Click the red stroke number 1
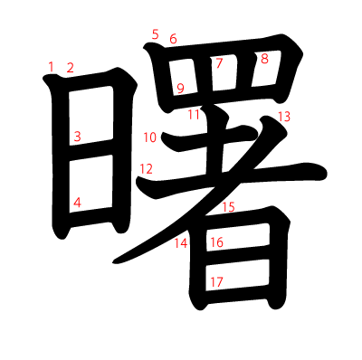(52, 66)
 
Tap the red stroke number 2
(70, 68)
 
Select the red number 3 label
(77, 137)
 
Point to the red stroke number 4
(77, 203)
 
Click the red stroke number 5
(155, 34)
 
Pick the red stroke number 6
(173, 39)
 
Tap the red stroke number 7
(218, 63)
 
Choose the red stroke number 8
(264, 59)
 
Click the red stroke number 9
(180, 88)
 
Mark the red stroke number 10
(149, 137)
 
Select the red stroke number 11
(194, 114)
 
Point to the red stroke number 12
(146, 168)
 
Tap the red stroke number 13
(284, 116)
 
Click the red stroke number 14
(181, 242)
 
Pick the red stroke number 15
(228, 207)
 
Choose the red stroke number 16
(216, 242)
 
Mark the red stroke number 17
(216, 281)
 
